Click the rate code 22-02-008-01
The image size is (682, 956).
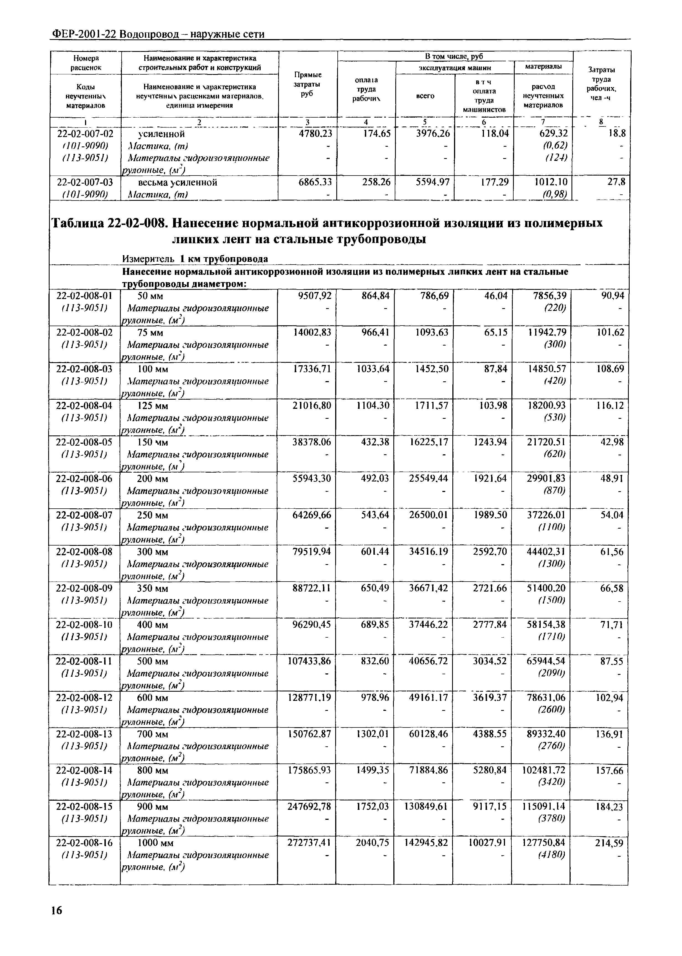(x=84, y=296)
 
